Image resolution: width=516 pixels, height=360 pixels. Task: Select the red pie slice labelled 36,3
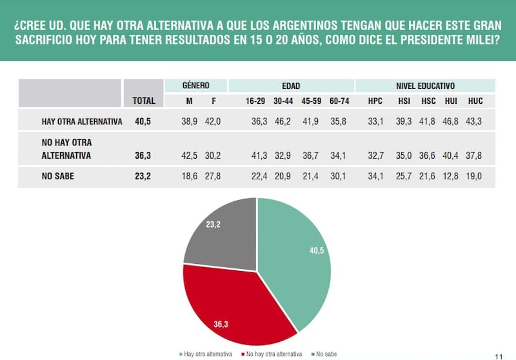(226, 303)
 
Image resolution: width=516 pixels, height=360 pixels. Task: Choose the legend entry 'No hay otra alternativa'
(273, 354)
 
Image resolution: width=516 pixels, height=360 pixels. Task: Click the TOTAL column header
(144, 101)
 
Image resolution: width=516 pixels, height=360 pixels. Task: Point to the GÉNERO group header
(195, 85)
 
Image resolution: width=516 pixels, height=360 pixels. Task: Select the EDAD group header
(291, 85)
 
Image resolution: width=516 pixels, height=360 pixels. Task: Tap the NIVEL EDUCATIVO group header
(426, 85)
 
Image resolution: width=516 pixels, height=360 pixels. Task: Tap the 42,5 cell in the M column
(189, 155)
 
